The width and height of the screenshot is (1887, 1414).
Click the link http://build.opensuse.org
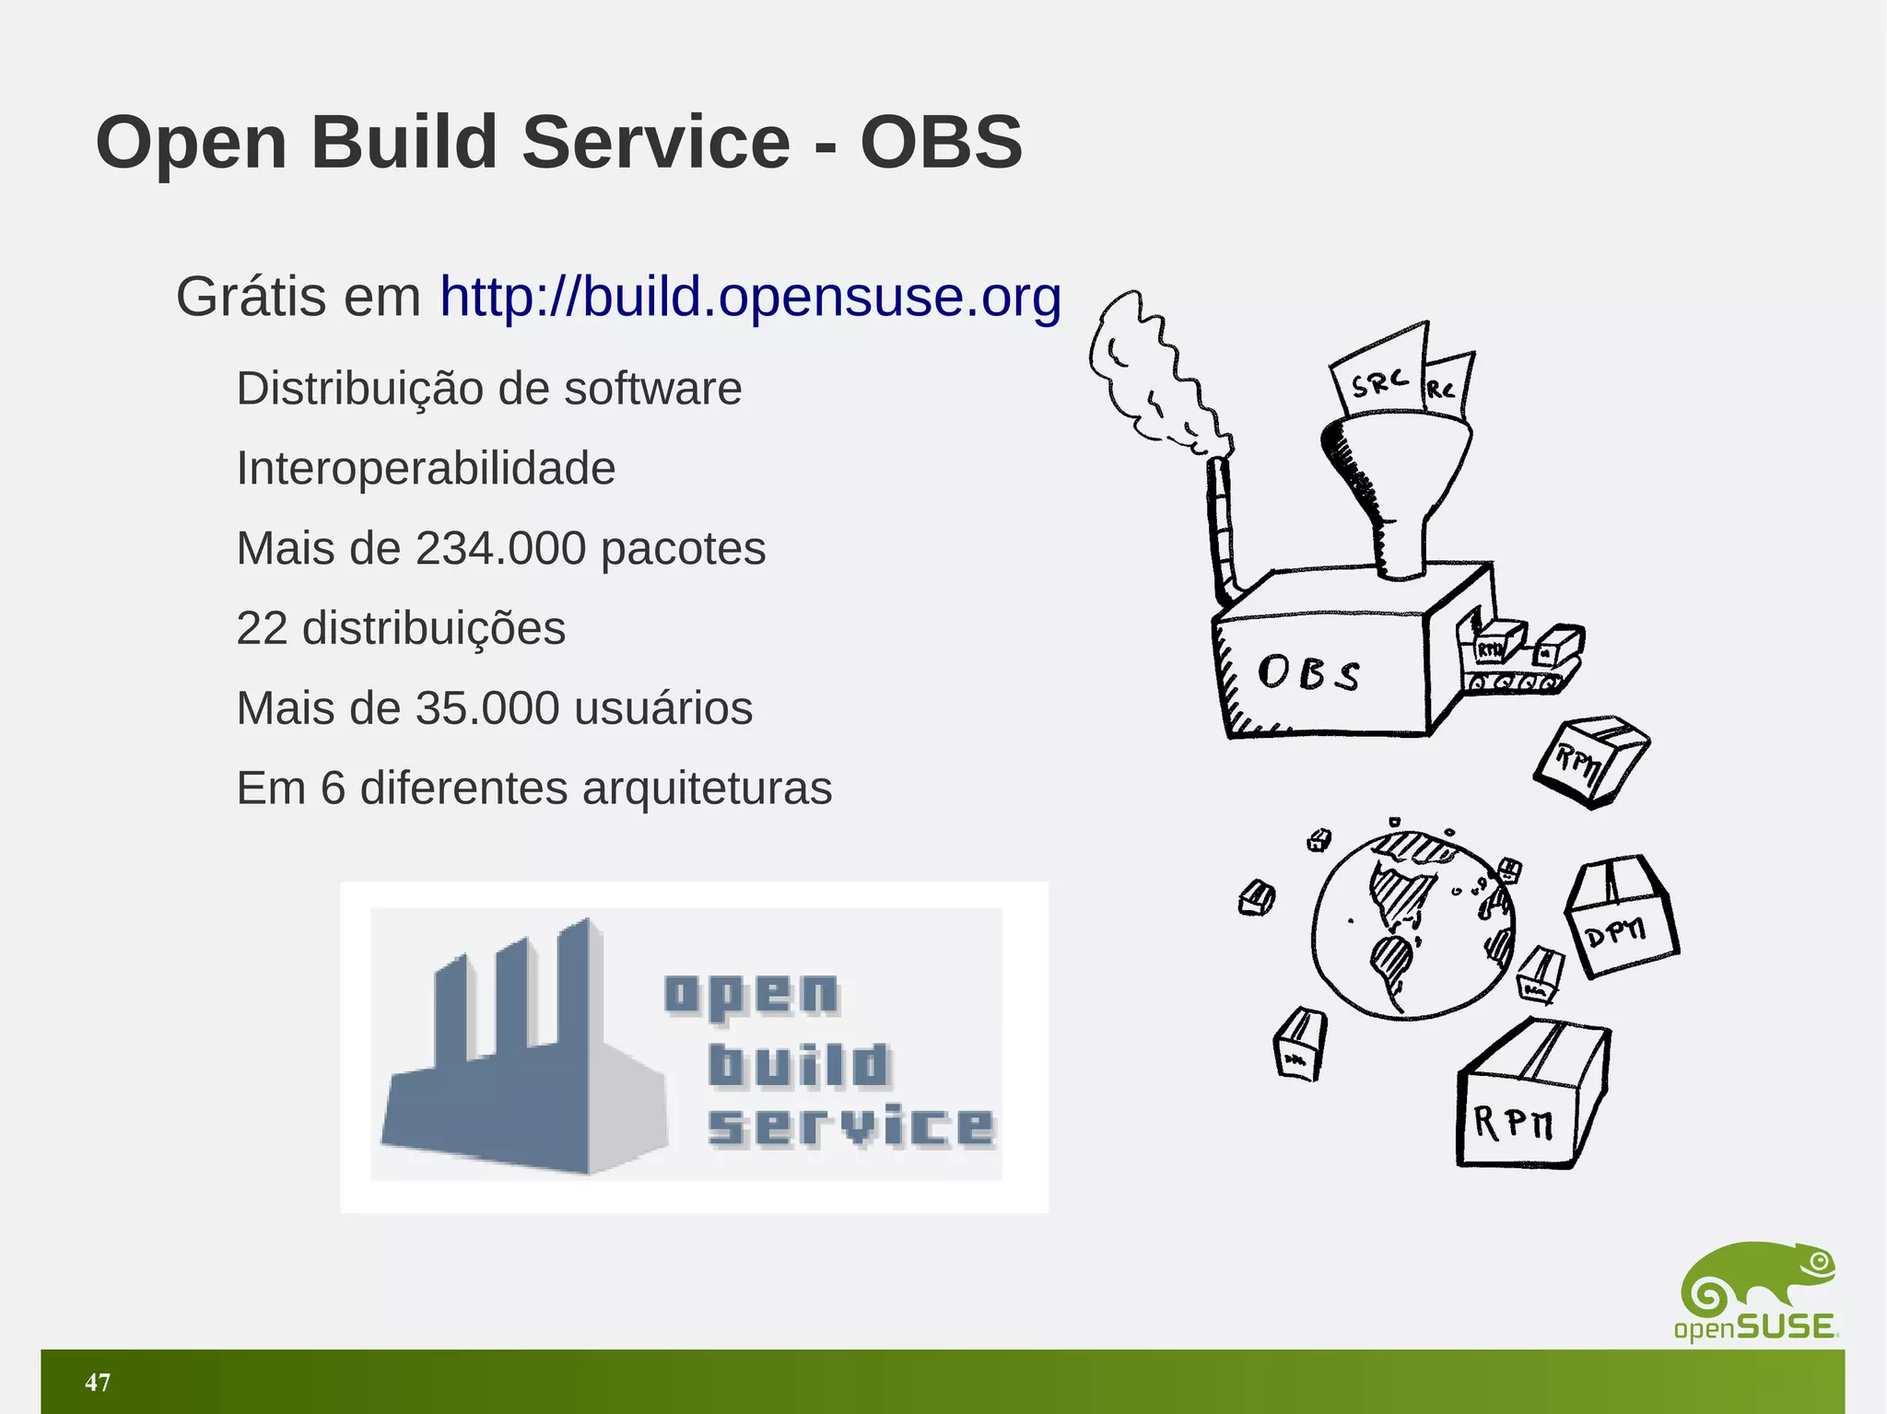click(x=750, y=297)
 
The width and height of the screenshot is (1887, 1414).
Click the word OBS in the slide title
click(x=941, y=143)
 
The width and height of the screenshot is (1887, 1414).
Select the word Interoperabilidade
click(x=426, y=468)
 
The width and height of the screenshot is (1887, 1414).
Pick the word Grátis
click(x=252, y=297)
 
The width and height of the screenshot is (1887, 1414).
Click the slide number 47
click(x=98, y=1382)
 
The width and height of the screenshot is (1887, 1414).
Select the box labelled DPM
click(x=1622, y=917)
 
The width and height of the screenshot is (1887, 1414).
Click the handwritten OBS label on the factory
click(x=1308, y=672)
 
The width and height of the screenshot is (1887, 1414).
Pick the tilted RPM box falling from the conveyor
click(x=1591, y=761)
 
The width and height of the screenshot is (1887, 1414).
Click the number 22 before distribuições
click(x=262, y=629)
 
